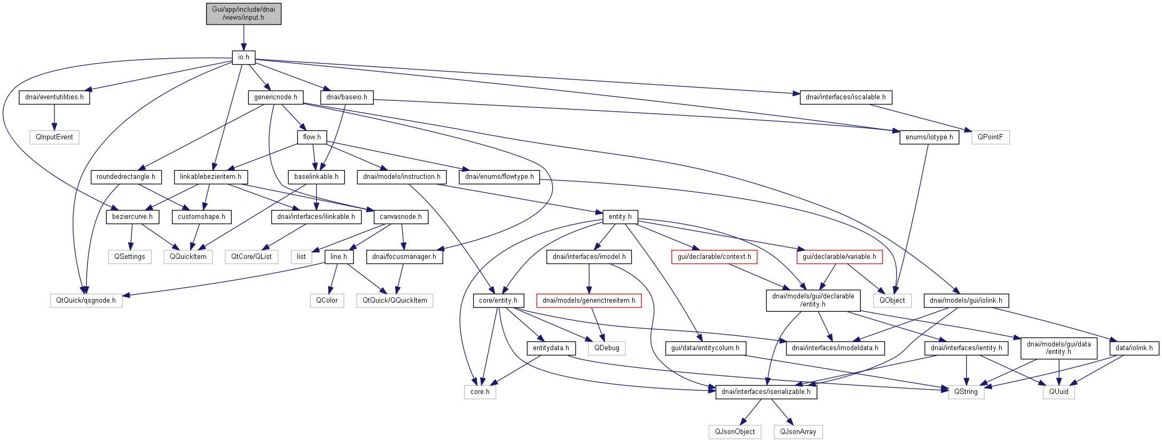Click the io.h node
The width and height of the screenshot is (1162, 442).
point(244,57)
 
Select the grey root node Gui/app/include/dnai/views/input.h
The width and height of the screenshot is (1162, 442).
point(244,13)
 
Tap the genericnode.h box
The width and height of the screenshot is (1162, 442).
point(276,97)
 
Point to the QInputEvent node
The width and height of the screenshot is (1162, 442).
point(54,137)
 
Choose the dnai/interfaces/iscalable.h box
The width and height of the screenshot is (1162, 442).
point(846,97)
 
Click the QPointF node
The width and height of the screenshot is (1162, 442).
point(990,137)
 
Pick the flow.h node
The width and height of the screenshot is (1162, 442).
point(312,137)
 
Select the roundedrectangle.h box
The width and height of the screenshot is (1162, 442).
point(126,177)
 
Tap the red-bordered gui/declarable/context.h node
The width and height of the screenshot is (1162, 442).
point(714,257)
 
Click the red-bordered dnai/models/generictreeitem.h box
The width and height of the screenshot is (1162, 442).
point(589,301)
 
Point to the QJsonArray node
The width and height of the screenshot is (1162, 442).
point(798,432)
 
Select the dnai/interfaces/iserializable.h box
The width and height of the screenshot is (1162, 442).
point(766,392)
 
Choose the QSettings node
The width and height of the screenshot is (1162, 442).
point(130,257)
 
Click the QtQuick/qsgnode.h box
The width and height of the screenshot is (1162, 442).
point(86,301)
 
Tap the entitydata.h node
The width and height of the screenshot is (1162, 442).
point(551,348)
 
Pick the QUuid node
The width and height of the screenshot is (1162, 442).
point(1059,392)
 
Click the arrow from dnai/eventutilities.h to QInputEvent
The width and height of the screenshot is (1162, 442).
point(54,117)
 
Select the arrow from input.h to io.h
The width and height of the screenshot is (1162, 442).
point(244,37)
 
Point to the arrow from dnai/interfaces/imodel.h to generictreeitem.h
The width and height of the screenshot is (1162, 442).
point(589,279)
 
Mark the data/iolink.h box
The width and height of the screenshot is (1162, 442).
point(1134,348)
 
